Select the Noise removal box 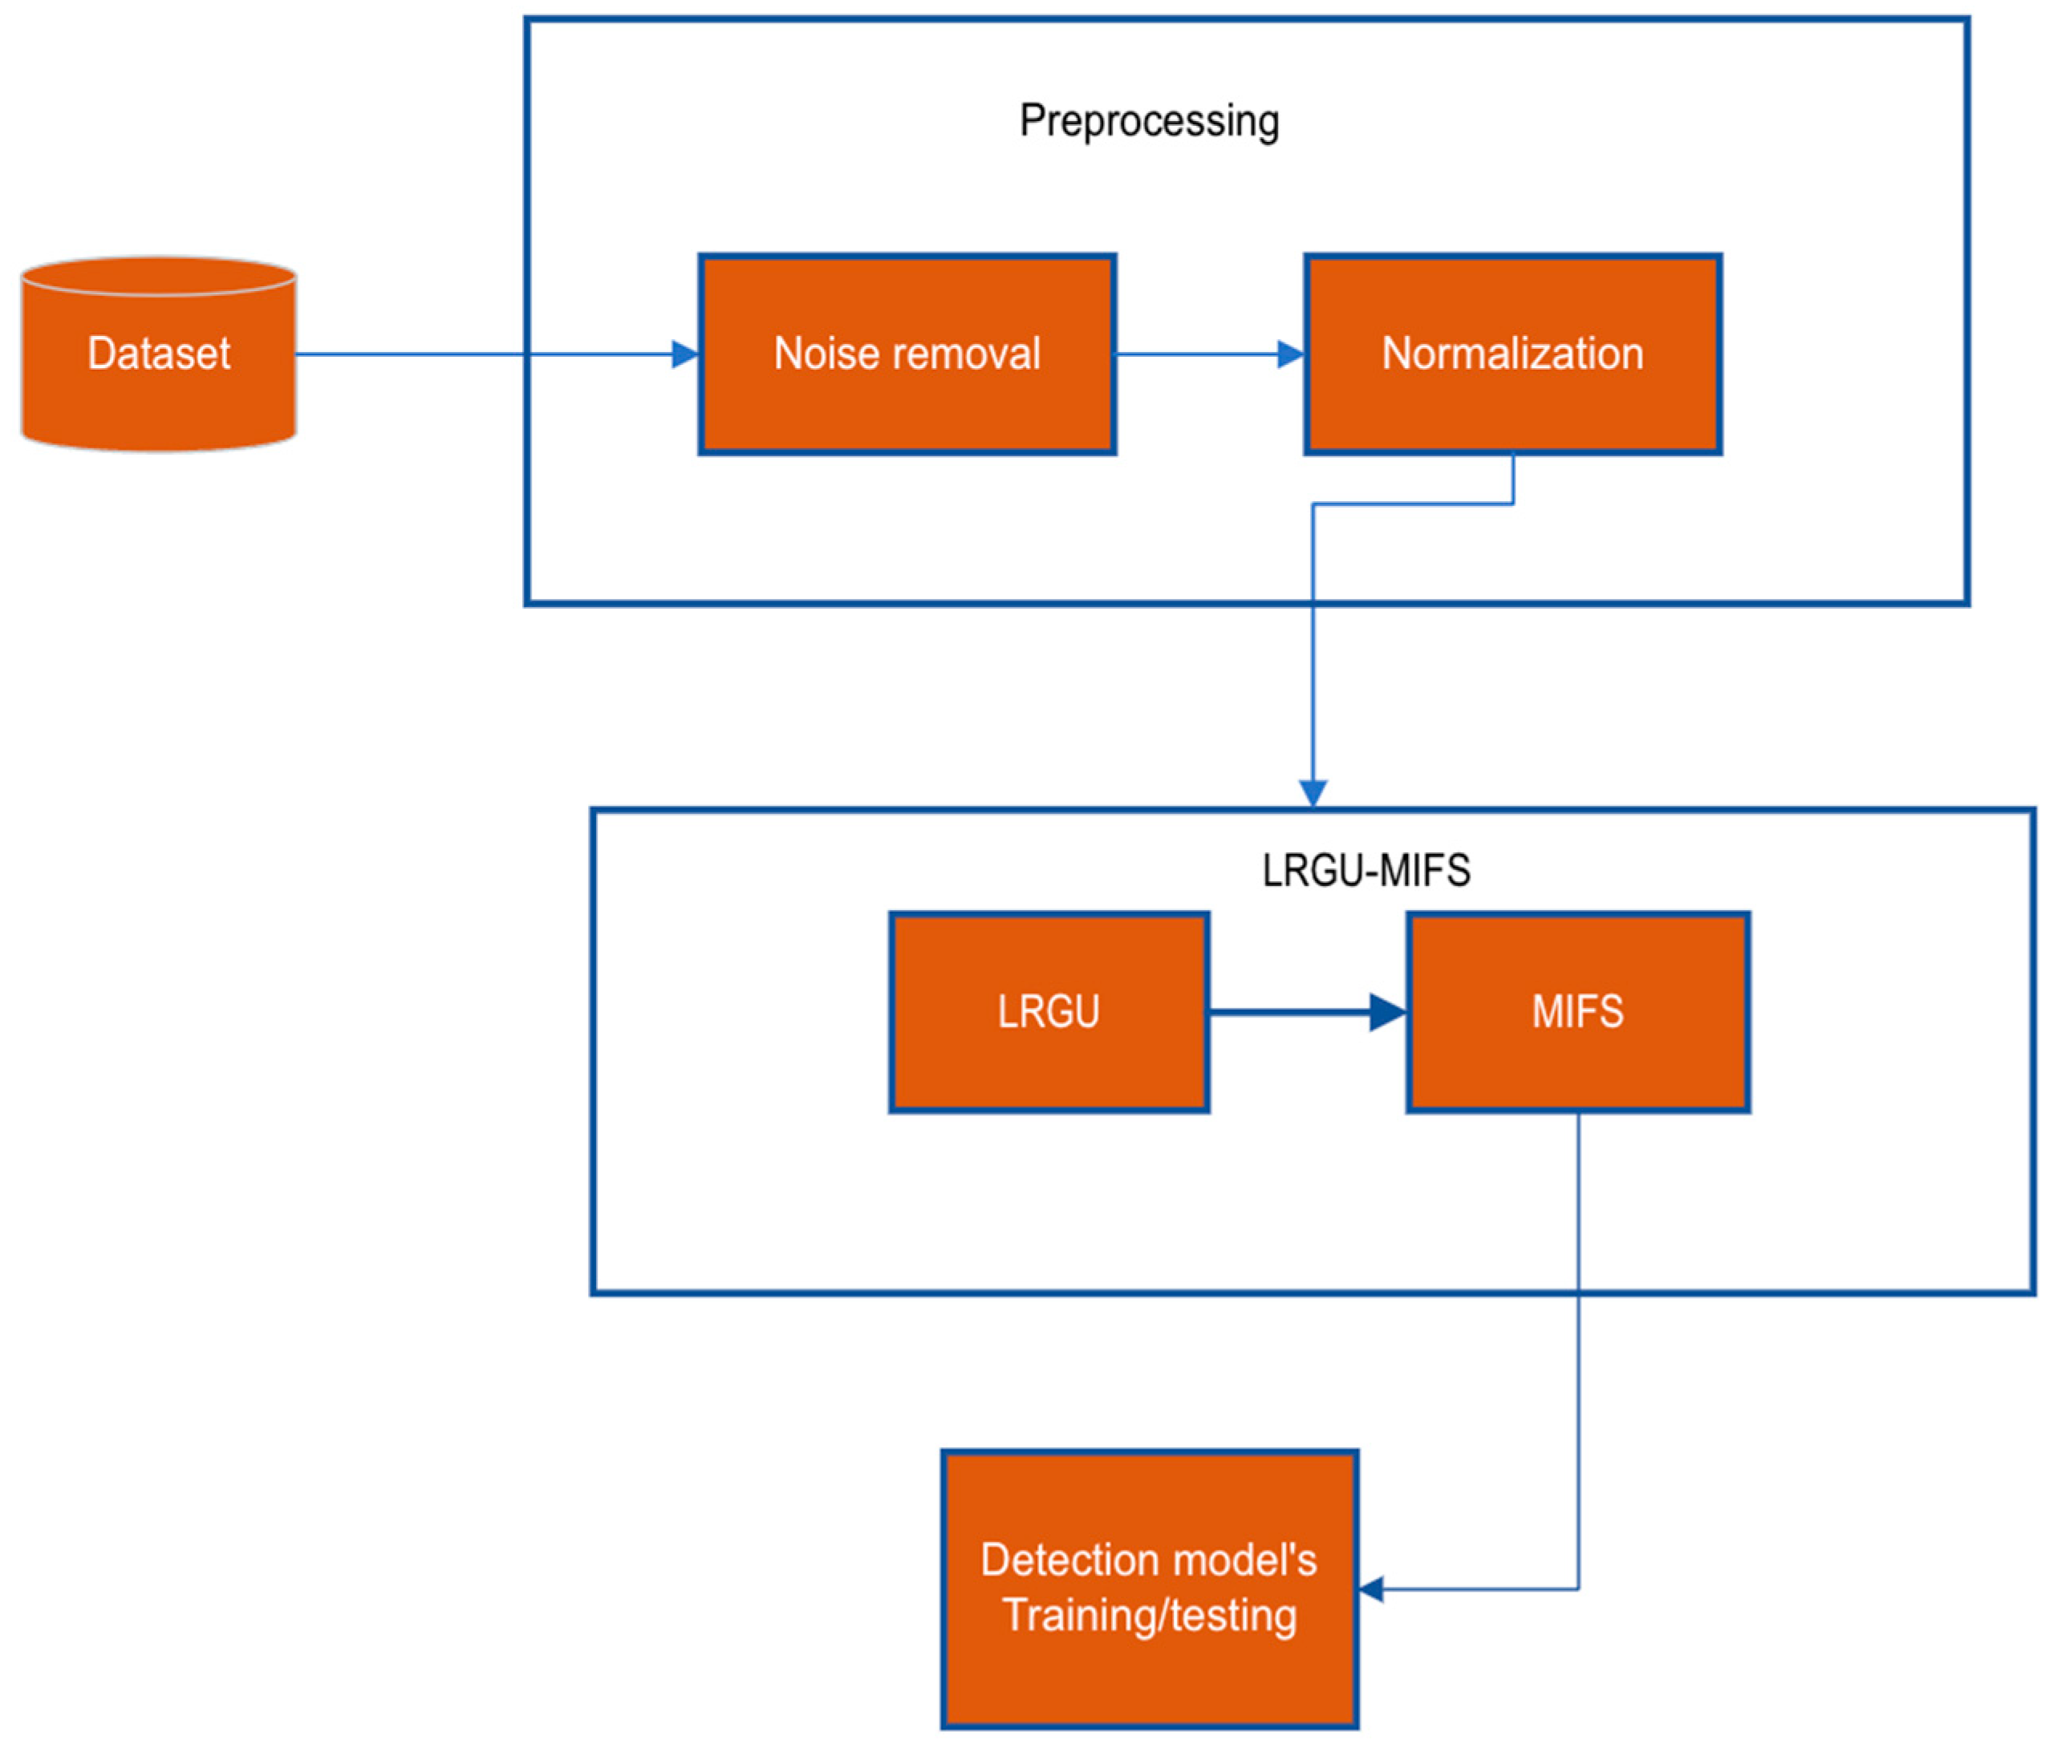907,395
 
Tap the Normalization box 1512,395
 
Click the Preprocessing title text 1149,120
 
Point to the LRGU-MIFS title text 1365,871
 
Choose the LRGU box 1049,1048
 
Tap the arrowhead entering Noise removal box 685,354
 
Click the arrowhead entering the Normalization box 1291,354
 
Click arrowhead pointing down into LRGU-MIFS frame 1313,793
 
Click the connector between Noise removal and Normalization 1197,354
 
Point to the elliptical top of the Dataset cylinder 158,277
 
